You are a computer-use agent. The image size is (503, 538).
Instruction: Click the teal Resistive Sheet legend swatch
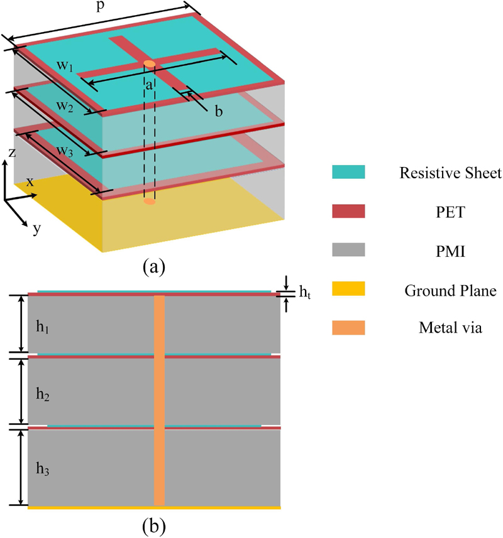click(x=349, y=171)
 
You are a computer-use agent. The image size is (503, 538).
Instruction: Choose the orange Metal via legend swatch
click(x=349, y=327)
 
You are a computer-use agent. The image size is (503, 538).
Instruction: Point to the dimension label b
click(x=219, y=112)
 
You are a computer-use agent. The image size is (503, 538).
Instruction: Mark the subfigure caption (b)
click(x=154, y=523)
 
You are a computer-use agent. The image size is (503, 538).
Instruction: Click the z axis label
click(x=12, y=153)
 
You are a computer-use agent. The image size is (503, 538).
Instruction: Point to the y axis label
click(x=36, y=229)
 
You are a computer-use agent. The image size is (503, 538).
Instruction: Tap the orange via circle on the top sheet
click(x=149, y=63)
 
